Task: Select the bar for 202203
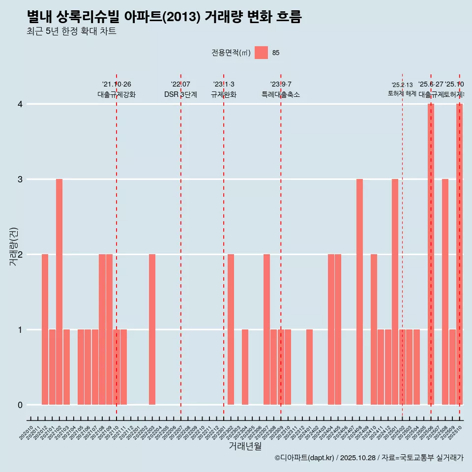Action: tap(152, 329)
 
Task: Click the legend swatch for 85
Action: tap(261, 53)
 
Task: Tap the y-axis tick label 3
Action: tap(20, 179)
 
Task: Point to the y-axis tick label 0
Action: tap(20, 405)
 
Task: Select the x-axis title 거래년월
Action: tap(245, 446)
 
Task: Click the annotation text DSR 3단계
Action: tap(180, 94)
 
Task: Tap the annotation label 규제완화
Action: tap(224, 94)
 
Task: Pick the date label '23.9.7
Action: tap(281, 85)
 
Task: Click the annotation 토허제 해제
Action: tap(402, 93)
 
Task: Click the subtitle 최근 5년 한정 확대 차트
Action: tap(71, 31)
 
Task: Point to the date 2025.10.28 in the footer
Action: tap(358, 458)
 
